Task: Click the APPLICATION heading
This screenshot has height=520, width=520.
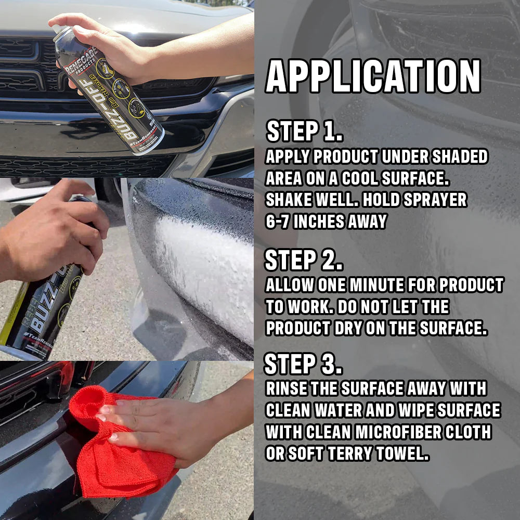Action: click(372, 76)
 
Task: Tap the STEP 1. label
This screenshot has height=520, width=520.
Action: click(304, 132)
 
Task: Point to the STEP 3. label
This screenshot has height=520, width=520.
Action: click(303, 364)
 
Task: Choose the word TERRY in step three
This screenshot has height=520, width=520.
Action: click(359, 453)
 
